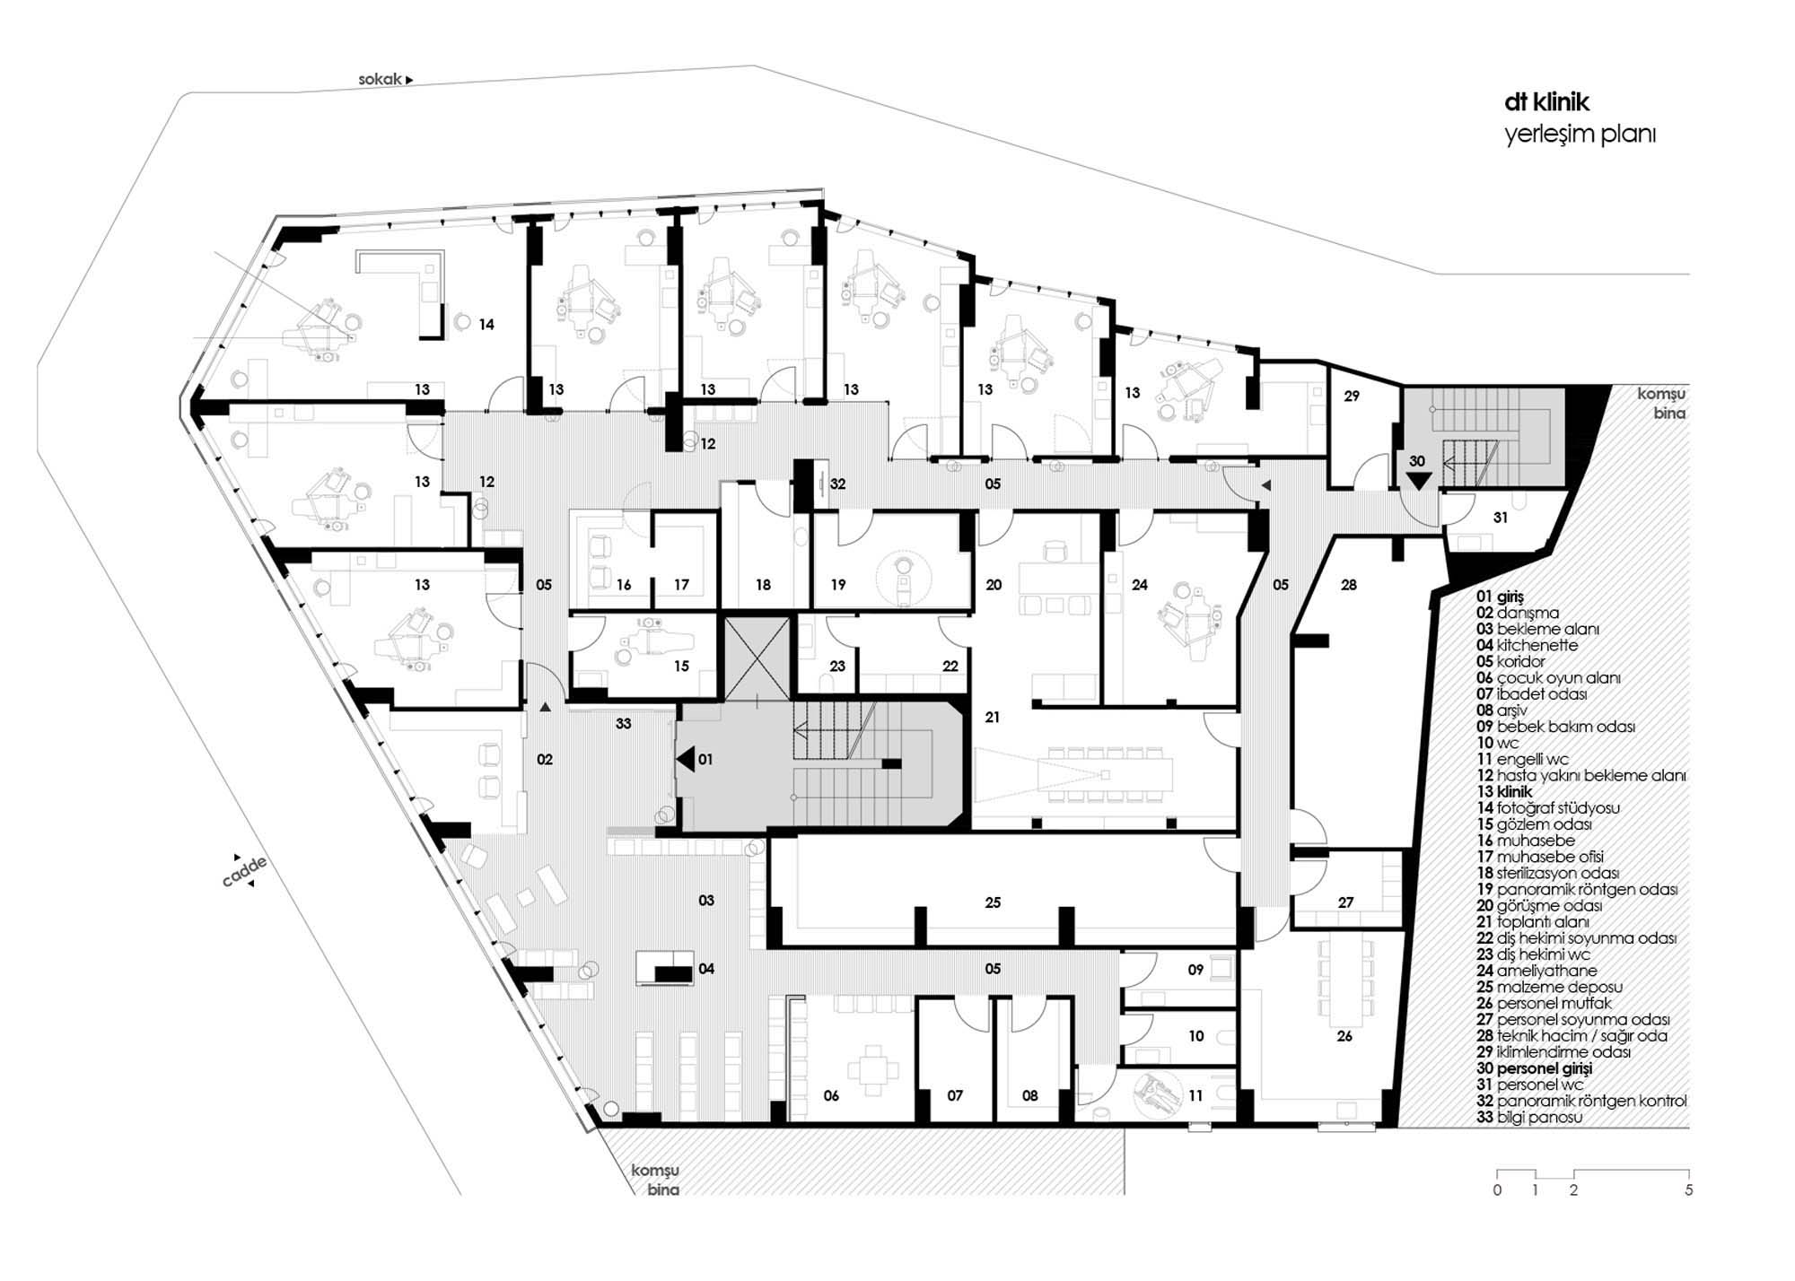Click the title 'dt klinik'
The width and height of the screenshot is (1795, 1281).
1546,103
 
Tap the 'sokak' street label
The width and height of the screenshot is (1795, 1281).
381,79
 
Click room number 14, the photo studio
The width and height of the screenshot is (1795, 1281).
486,325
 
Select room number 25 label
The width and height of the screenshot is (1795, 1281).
993,902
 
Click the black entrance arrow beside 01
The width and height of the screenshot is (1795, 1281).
685,760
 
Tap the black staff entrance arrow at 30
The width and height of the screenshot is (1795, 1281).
1418,481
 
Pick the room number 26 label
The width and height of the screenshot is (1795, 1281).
1344,1036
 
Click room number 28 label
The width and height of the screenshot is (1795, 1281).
1349,585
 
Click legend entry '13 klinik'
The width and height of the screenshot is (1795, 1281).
1504,792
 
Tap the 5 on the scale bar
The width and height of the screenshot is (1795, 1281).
1689,1190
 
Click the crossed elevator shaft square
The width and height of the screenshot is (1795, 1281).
757,657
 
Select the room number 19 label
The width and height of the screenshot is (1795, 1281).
838,585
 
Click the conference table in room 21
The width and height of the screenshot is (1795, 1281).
1106,774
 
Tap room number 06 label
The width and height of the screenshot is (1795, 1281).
831,1095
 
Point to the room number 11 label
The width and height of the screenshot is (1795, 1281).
1195,1095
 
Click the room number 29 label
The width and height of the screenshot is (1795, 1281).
1352,396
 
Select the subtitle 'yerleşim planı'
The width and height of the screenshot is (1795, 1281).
1580,135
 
